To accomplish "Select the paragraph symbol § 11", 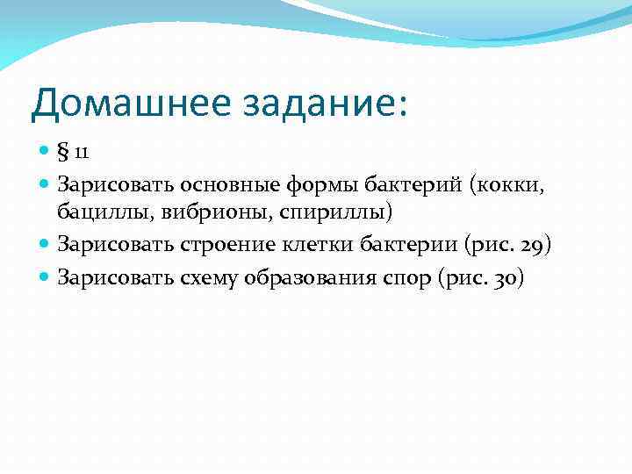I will (x=74, y=153).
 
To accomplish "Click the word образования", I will (x=302, y=278).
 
